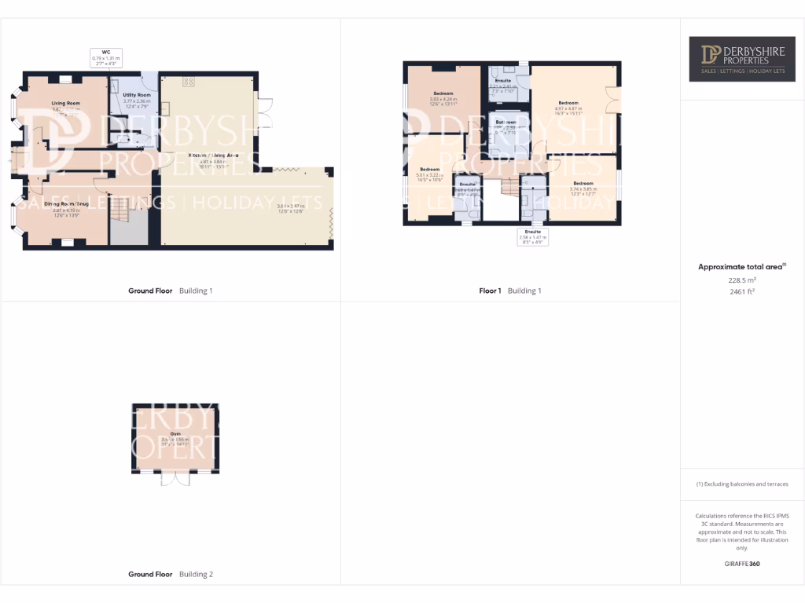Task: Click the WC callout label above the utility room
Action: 107,57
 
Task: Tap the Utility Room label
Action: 137,94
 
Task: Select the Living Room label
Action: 66,103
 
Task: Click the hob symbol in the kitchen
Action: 189,81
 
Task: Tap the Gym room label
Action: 175,433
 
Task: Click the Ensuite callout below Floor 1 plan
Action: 532,236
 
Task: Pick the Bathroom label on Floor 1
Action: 505,122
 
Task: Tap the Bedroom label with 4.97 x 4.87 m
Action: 568,103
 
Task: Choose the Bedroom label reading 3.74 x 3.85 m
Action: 583,183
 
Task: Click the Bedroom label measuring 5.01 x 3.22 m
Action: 429,170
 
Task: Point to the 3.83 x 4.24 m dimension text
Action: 443,100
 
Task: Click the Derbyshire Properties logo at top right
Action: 737,58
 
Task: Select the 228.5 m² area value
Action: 741,280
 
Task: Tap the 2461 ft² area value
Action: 741,291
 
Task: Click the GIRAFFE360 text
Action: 741,564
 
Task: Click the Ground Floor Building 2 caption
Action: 171,575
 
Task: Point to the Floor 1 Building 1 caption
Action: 510,291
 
